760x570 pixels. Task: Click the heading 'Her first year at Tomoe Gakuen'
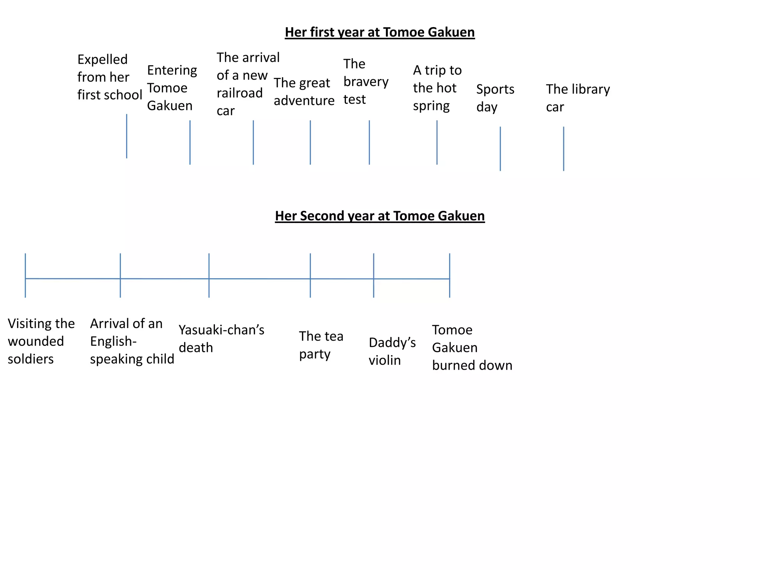pos(380,32)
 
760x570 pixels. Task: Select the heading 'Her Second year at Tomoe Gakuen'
pos(380,216)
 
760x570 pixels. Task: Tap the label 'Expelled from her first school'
pos(109,77)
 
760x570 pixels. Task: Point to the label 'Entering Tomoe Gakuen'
pos(172,88)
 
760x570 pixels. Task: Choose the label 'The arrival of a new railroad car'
pos(248,84)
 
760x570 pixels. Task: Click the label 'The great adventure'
pos(304,92)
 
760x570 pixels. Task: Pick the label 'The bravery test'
pos(366,82)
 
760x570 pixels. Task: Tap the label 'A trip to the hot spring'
pos(437,88)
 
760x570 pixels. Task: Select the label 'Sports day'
pos(495,98)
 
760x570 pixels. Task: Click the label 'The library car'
pos(578,98)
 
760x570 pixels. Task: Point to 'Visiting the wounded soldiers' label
pos(41,341)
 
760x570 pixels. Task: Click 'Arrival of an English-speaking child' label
pos(132,341)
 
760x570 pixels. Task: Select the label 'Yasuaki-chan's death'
pos(221,338)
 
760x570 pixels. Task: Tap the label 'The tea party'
pos(321,345)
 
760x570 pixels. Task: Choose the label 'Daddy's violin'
pos(392,351)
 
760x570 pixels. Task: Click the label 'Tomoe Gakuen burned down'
pos(472,347)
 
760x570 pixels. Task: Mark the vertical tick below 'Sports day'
pos(500,148)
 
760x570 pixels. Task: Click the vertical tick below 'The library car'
pos(563,148)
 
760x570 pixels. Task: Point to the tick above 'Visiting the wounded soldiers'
pos(25,275)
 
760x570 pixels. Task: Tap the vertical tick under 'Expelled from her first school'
pos(127,136)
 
